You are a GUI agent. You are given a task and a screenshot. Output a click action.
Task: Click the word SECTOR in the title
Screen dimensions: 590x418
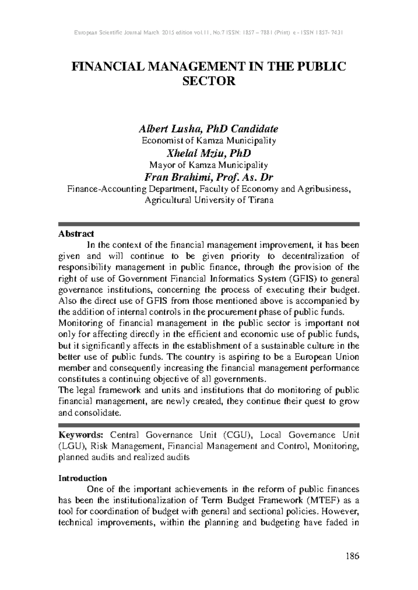click(209, 81)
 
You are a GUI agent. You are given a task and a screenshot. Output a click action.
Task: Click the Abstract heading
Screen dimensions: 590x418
click(76, 234)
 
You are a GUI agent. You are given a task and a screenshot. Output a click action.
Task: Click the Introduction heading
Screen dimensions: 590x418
click(83, 478)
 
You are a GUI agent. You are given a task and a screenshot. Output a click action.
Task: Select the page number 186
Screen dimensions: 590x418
click(353, 556)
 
